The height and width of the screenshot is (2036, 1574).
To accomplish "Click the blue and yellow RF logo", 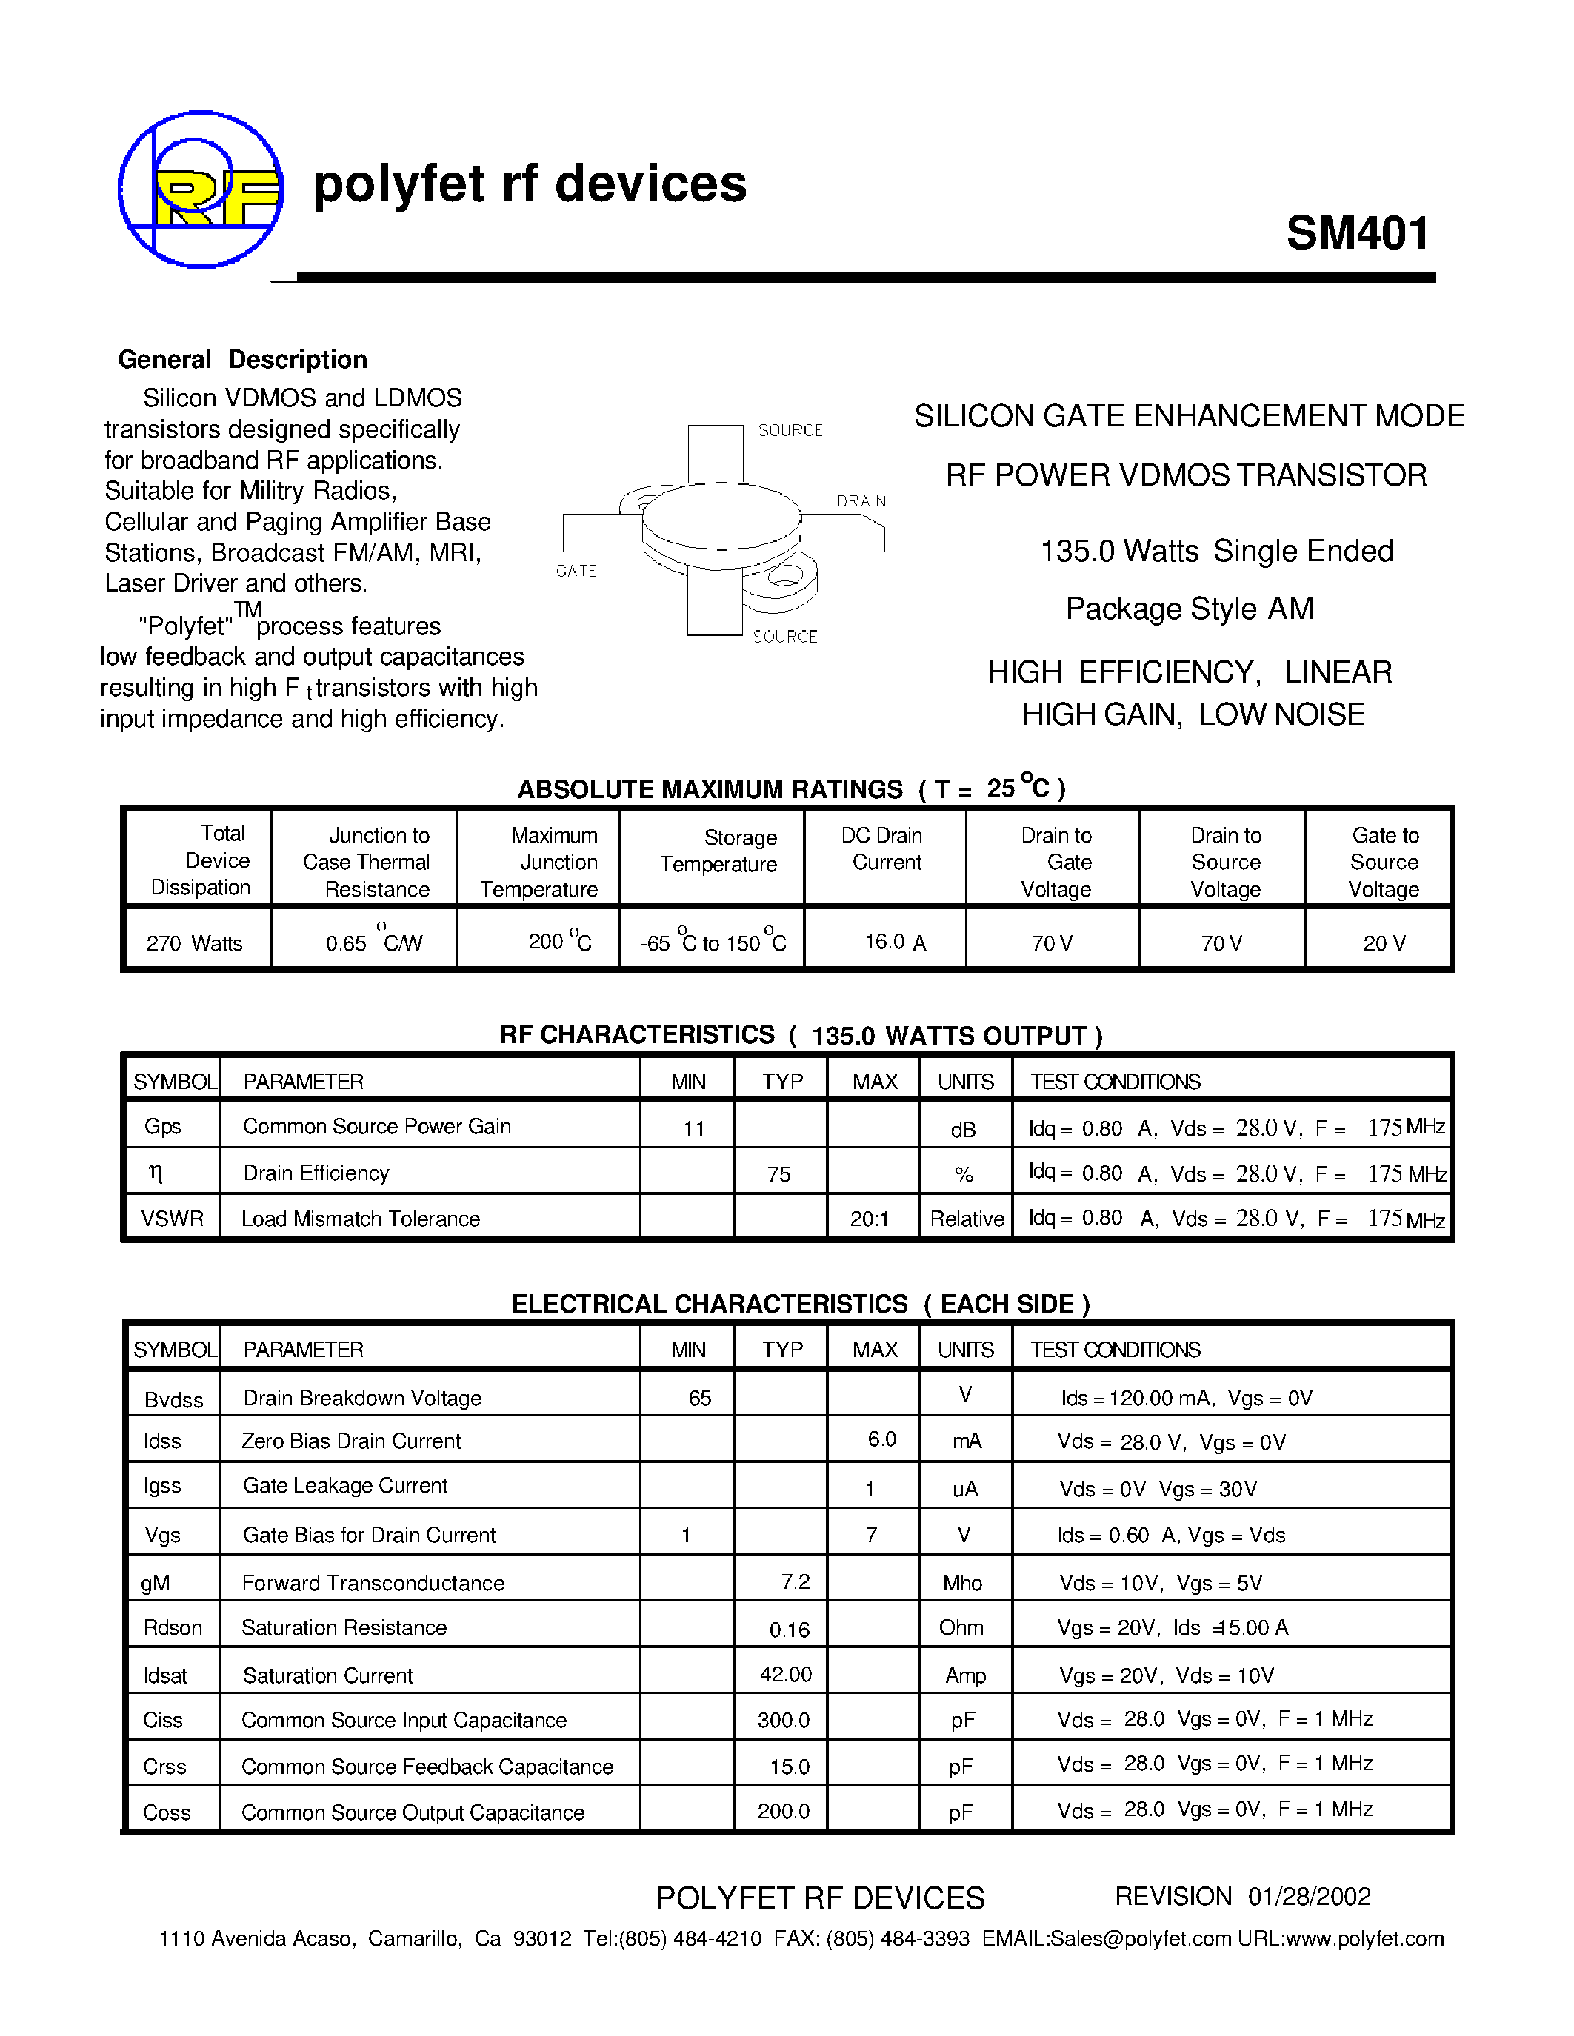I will pyautogui.click(x=201, y=191).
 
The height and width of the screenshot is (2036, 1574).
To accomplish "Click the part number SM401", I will pyautogui.click(x=1357, y=233).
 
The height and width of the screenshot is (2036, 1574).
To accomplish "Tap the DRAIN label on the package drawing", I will pyautogui.click(x=861, y=500).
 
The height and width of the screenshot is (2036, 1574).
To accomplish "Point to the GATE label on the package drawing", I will pyautogui.click(x=576, y=571).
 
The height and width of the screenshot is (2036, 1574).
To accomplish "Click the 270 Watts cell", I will pyautogui.click(x=194, y=943).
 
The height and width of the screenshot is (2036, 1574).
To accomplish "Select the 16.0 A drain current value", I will pyautogui.click(x=894, y=942).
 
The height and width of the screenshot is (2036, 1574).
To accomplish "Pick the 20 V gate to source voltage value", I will pyautogui.click(x=1384, y=943).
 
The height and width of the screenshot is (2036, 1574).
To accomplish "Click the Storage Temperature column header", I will pyautogui.click(x=719, y=850).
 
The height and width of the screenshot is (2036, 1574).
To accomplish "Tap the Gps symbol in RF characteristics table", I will pyautogui.click(x=162, y=1126).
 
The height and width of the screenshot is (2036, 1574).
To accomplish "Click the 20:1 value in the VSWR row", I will pyautogui.click(x=869, y=1219).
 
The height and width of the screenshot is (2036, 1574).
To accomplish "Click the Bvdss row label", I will pyautogui.click(x=173, y=1399).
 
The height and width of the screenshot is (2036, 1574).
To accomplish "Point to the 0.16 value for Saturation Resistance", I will pyautogui.click(x=789, y=1630).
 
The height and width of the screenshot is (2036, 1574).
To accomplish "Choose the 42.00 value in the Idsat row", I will pyautogui.click(x=785, y=1674).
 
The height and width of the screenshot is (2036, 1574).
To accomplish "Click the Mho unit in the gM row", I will pyautogui.click(x=961, y=1583).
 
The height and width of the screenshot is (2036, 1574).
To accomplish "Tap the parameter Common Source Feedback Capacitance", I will pyautogui.click(x=427, y=1767).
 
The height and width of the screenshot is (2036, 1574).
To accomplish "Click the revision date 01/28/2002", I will pyautogui.click(x=1309, y=1896).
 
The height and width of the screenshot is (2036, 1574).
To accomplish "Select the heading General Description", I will pyautogui.click(x=242, y=360).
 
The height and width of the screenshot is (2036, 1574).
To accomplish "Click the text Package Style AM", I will pyautogui.click(x=1189, y=609).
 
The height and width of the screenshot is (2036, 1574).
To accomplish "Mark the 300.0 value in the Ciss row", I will pyautogui.click(x=783, y=1720).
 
